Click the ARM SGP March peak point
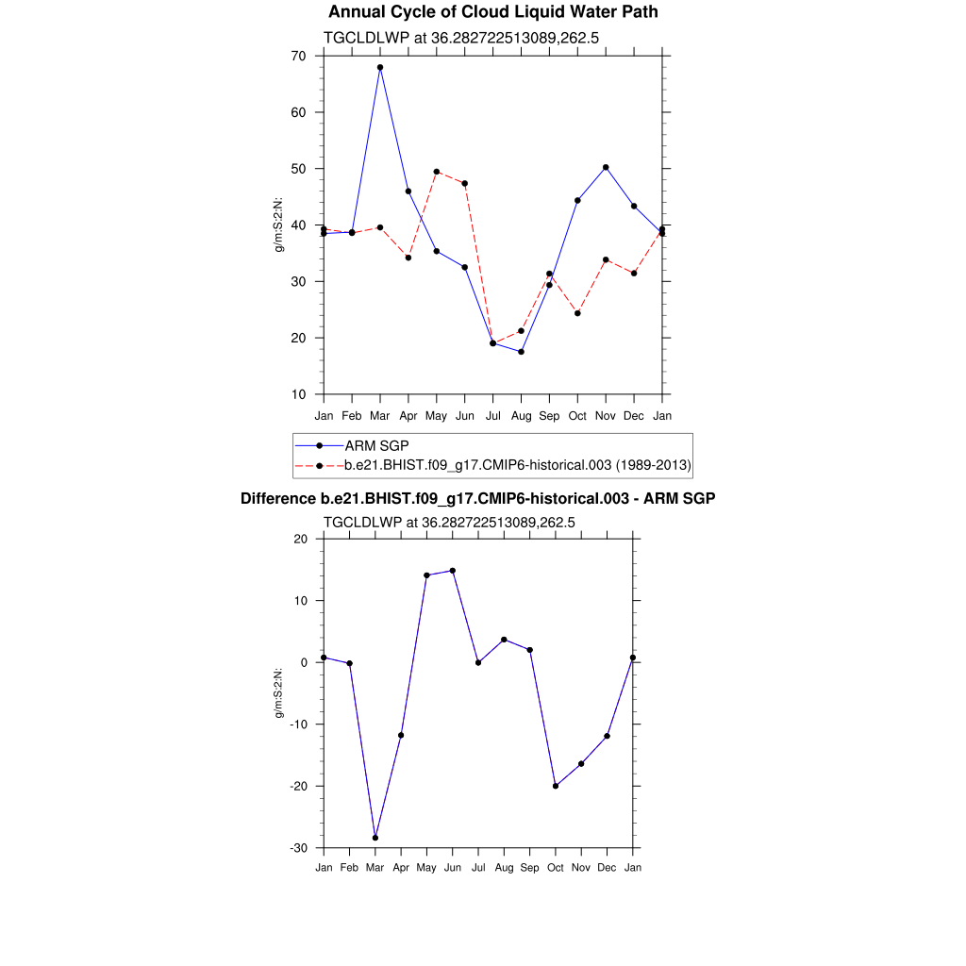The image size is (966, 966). tap(380, 68)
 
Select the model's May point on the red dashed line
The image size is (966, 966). tap(437, 172)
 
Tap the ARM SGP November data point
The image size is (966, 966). tap(606, 167)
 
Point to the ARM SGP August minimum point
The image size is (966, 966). tap(521, 352)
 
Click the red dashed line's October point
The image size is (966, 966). tap(577, 313)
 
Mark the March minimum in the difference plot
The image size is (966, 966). tap(375, 838)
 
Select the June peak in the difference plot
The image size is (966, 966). tap(453, 571)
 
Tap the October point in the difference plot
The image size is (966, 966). tap(556, 786)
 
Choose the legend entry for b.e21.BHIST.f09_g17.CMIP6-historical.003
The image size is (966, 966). tap(518, 465)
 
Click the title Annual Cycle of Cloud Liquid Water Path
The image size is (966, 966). tap(493, 12)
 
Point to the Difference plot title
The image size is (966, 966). tap(477, 498)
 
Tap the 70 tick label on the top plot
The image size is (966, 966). tap(298, 56)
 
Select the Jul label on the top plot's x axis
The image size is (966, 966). tap(492, 416)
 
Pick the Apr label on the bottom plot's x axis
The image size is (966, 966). tap(401, 868)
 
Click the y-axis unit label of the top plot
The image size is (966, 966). tap(279, 225)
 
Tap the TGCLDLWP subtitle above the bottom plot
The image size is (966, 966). tap(449, 522)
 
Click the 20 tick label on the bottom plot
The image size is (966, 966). tap(301, 539)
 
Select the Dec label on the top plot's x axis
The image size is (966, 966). tap(634, 416)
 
